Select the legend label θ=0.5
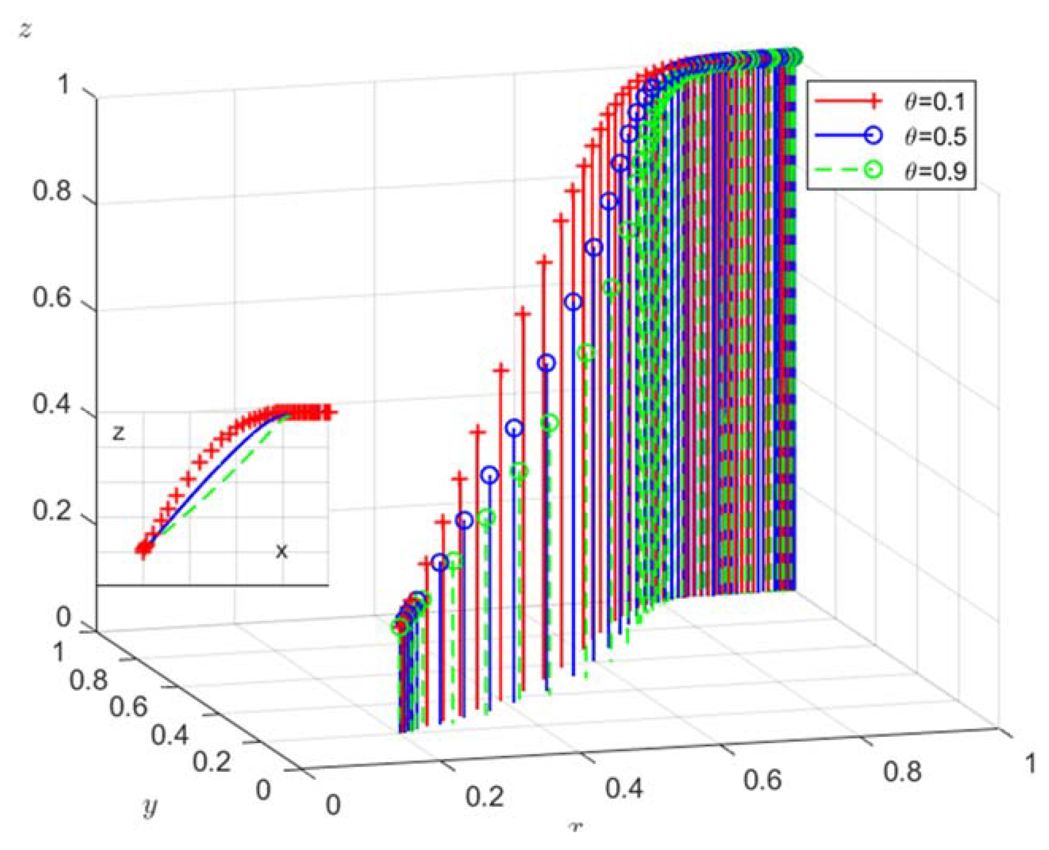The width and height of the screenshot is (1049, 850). [x=935, y=137]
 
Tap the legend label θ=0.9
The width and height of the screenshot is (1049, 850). [x=935, y=171]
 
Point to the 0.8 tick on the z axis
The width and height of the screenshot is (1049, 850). [x=52, y=190]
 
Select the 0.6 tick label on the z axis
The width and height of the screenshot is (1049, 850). [x=52, y=297]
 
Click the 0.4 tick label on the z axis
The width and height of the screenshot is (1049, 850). [x=52, y=404]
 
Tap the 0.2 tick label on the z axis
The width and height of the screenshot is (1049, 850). [x=52, y=511]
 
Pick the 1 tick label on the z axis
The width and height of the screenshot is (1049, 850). [x=63, y=85]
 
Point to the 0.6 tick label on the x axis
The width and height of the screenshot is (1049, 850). [x=762, y=780]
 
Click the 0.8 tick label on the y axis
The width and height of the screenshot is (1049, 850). [x=88, y=680]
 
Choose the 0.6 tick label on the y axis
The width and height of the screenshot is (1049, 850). [x=128, y=708]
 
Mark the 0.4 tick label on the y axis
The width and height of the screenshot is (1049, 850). [x=169, y=735]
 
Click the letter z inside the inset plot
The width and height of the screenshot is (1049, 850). [x=119, y=433]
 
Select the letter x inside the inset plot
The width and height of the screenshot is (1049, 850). [x=281, y=551]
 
